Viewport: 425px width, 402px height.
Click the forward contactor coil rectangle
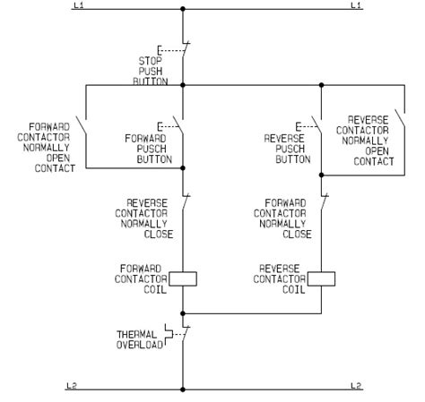coord(183,278)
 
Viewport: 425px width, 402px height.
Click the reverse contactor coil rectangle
coord(321,278)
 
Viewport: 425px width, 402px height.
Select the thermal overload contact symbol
coord(178,334)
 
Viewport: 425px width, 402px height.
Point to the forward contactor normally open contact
coord(81,126)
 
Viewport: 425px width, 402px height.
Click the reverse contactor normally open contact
coord(400,119)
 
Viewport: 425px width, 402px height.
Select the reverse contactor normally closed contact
coord(186,204)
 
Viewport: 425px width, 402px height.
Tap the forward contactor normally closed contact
coord(325,204)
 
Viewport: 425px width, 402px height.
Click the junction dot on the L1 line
coord(183,9)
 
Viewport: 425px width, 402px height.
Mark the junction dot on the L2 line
coord(183,389)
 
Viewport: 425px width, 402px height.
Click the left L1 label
coord(79,5)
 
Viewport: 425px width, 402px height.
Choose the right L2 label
coord(356,386)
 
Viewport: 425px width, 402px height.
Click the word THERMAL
coord(137,334)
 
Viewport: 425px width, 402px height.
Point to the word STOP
coord(150,61)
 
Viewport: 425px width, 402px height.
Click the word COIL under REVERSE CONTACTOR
coord(294,289)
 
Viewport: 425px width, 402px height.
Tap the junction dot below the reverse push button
coord(321,175)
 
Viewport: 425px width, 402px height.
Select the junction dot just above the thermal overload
coord(183,313)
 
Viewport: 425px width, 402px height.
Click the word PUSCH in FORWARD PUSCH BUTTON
coord(152,149)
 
